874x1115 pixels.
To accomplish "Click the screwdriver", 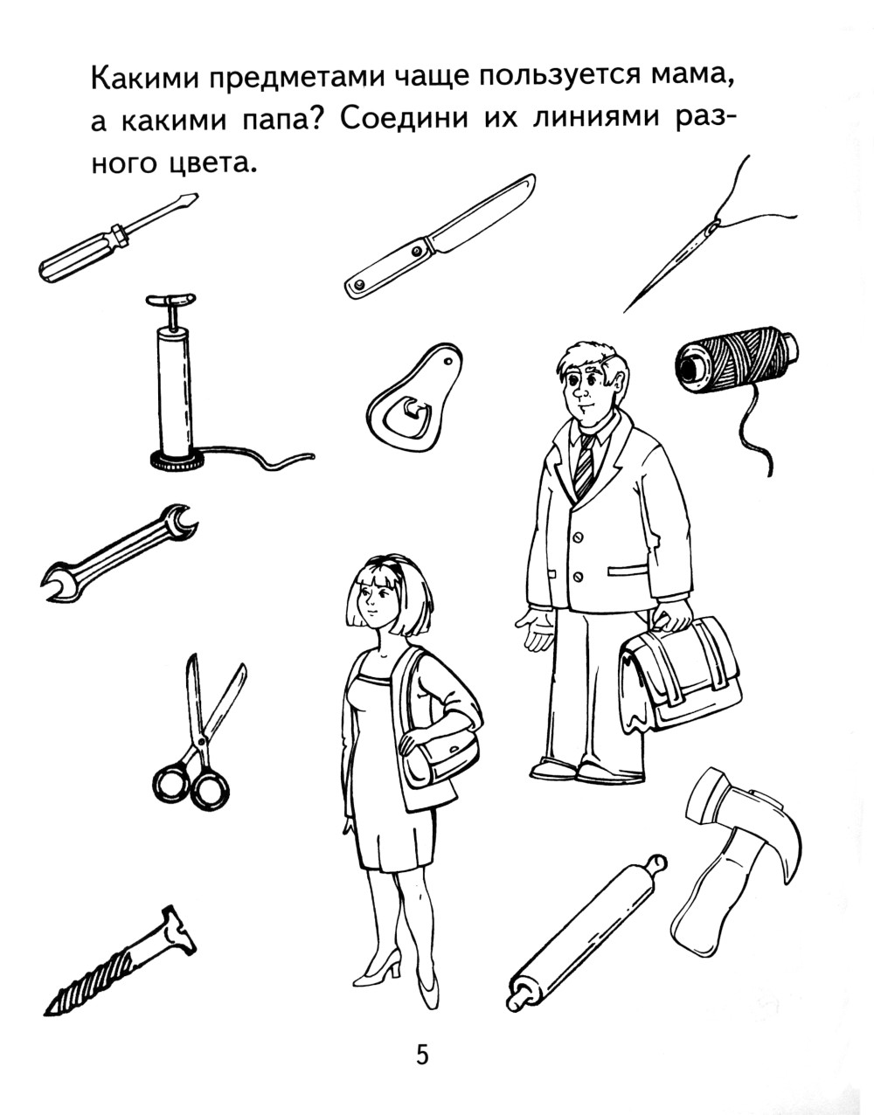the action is tap(117, 238).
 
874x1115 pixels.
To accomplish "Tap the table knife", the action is tap(440, 237).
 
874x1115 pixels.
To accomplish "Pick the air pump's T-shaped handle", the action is tap(171, 301).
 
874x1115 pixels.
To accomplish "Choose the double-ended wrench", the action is tap(119, 552).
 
